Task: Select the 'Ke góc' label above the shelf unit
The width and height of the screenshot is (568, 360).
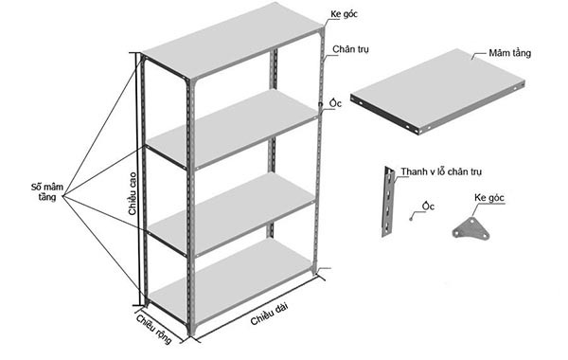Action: tap(346, 17)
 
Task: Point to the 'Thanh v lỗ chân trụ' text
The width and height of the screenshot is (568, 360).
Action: tap(441, 171)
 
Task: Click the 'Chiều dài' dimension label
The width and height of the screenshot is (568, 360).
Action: tap(270, 314)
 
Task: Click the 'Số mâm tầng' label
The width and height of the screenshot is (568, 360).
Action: tap(44, 192)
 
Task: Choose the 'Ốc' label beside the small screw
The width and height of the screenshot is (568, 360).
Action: tap(428, 206)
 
